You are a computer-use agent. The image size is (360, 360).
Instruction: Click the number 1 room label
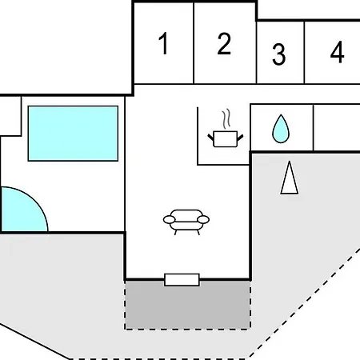(x=163, y=43)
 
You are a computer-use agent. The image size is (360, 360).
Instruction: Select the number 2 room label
(x=224, y=44)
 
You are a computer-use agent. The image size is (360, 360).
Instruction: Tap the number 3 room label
(x=279, y=54)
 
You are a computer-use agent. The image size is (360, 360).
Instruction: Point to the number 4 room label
(x=337, y=52)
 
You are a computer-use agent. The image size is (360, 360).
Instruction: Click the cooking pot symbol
(x=226, y=138)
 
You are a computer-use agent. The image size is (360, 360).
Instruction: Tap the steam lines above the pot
(x=226, y=118)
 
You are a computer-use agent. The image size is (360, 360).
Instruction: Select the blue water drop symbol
(x=281, y=129)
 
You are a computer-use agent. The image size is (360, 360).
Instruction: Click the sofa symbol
(x=186, y=222)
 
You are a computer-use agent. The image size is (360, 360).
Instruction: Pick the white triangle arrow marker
(x=290, y=178)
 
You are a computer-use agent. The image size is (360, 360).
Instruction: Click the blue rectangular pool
(x=73, y=134)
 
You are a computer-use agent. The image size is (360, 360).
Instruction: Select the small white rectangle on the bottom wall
(x=182, y=280)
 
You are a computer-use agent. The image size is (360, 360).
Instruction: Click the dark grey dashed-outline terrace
(x=187, y=305)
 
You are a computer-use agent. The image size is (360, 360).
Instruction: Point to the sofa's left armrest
(x=169, y=219)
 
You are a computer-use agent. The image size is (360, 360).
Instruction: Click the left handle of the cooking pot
(x=210, y=138)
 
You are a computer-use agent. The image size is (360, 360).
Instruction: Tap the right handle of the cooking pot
(x=240, y=138)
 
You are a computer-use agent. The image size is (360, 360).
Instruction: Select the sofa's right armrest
(x=203, y=219)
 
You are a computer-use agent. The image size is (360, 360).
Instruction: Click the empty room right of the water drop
(x=337, y=127)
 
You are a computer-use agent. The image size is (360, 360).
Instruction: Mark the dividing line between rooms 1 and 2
(x=194, y=43)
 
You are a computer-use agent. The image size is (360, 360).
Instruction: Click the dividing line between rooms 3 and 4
(x=304, y=52)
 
